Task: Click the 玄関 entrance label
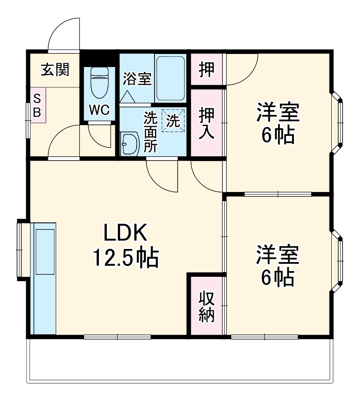(55, 70)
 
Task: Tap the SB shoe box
(37, 105)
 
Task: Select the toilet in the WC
(99, 84)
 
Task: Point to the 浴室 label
(137, 79)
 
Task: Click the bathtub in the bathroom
(170, 78)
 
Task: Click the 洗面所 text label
(151, 132)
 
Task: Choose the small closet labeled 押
(207, 70)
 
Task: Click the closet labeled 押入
(207, 123)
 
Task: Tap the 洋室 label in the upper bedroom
(278, 113)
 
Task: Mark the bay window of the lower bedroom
(338, 261)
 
